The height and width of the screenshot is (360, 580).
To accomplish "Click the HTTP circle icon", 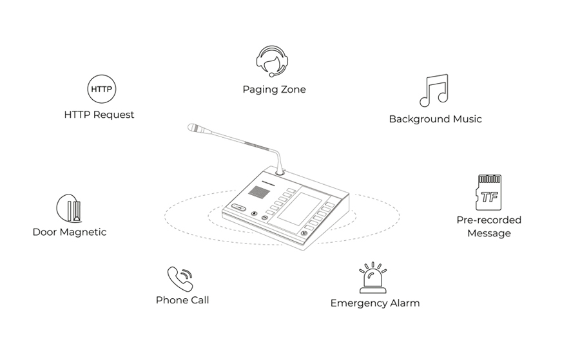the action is [x=101, y=89].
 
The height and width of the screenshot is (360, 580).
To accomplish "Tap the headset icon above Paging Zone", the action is [x=272, y=61].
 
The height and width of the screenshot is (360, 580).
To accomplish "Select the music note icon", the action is [x=434, y=91].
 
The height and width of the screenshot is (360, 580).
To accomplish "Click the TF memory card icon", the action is [x=488, y=193].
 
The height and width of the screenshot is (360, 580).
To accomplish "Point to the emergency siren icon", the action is [x=373, y=278].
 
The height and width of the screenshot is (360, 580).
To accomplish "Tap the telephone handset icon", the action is [x=180, y=279].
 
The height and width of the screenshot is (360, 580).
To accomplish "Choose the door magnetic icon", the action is [x=69, y=208].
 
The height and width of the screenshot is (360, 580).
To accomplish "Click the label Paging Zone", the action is [x=274, y=90].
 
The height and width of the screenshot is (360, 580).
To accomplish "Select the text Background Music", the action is [x=436, y=119].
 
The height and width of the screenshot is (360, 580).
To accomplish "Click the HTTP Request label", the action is [x=99, y=115].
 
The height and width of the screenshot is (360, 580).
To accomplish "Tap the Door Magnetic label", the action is [x=70, y=232].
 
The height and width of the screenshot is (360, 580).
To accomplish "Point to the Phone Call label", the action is [x=182, y=300].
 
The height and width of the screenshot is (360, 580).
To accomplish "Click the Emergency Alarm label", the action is [x=375, y=303].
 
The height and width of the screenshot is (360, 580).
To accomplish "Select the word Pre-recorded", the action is [x=489, y=220].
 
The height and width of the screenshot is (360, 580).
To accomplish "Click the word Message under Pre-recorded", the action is [x=489, y=233].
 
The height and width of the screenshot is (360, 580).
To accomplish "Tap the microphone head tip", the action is [x=189, y=128].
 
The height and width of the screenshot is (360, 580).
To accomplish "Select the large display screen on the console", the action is [x=300, y=209].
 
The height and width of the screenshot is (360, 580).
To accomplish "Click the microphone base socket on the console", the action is [x=280, y=171].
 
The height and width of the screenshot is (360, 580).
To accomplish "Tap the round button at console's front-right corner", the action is [x=304, y=233].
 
